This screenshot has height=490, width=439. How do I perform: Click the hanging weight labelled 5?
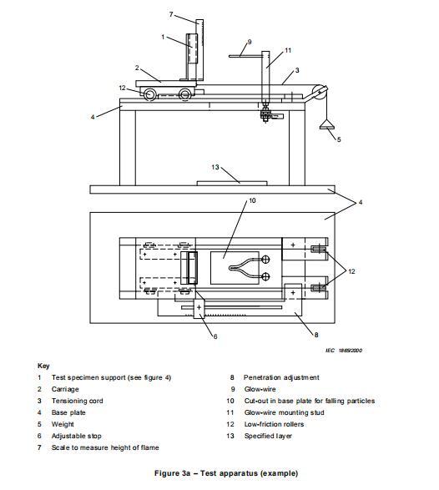click(327, 125)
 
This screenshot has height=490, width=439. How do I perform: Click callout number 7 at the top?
click(171, 14)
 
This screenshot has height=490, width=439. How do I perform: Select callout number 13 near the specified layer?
click(215, 167)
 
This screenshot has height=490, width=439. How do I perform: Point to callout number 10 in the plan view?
click(252, 200)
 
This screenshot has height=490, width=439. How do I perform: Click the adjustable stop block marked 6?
click(199, 308)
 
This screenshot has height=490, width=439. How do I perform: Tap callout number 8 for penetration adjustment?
click(316, 335)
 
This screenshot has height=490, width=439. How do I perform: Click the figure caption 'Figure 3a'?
click(172, 473)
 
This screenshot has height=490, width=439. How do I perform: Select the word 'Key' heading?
click(43, 366)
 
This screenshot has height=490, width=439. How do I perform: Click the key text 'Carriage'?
click(65, 389)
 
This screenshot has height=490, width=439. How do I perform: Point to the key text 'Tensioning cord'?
click(77, 401)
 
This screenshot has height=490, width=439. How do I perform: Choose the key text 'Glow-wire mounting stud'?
click(284, 412)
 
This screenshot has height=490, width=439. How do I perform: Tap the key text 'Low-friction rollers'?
click(274, 424)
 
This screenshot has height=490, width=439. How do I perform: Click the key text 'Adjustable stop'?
click(77, 436)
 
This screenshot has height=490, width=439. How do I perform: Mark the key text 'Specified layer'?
click(268, 436)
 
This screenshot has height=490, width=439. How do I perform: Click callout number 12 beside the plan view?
click(352, 271)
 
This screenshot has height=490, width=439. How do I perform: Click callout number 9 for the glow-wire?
click(250, 42)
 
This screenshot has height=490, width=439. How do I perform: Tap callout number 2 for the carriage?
click(137, 68)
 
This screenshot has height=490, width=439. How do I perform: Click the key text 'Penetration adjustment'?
click(281, 377)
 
